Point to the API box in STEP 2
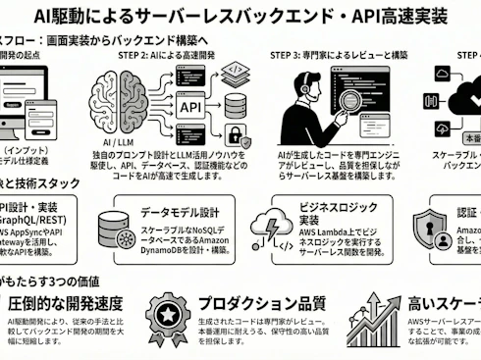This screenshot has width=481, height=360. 191,105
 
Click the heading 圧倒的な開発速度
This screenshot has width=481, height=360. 70,302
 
